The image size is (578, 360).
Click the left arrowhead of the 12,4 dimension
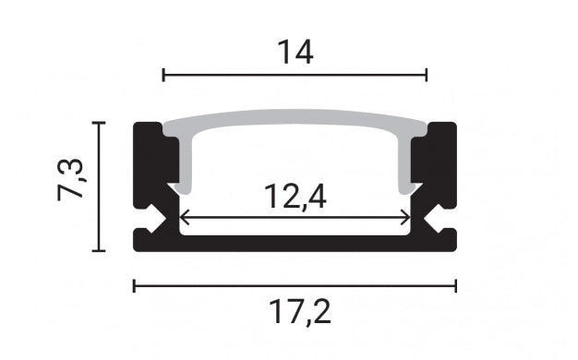click(182, 218)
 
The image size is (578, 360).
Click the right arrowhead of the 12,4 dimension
click(407, 218)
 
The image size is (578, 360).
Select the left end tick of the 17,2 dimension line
click(135, 285)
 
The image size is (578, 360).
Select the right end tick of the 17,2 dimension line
click(456, 285)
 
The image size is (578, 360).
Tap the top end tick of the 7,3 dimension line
click(100, 122)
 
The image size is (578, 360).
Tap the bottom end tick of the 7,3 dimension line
click(100, 250)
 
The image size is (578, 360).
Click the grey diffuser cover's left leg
click(184, 166)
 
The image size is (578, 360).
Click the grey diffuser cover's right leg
click(405, 166)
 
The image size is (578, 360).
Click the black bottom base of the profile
click(295, 242)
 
